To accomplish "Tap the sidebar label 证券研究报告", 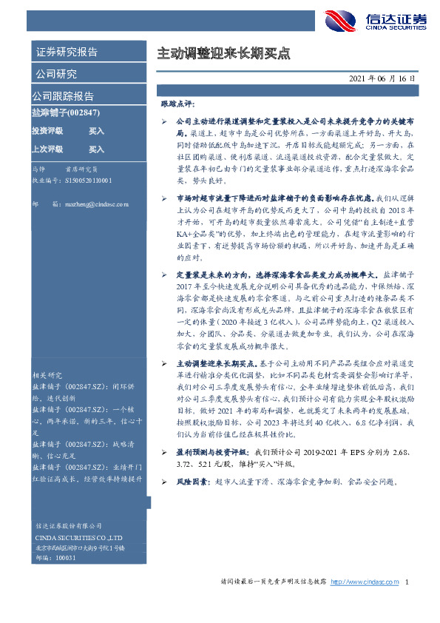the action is [66, 53].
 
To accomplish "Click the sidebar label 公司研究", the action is [55, 74].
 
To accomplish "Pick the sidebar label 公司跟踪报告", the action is [62, 96].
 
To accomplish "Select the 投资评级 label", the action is [47, 131].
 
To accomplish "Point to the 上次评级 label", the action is [47, 149].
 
